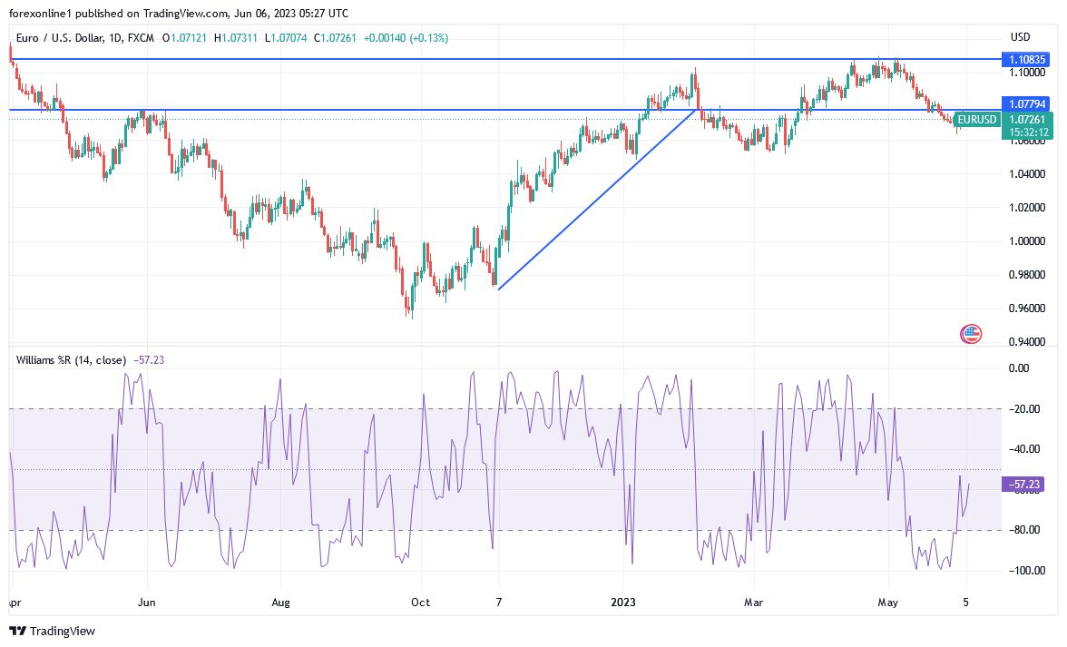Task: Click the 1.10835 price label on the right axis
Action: (1026, 59)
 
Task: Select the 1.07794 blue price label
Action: (1026, 104)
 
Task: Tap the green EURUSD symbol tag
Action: (977, 120)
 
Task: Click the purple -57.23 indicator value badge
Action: (1026, 485)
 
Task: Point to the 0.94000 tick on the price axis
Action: (1026, 342)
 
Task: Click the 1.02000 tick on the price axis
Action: (1026, 208)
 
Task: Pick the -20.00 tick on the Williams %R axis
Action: (1026, 408)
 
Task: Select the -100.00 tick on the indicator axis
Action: (1026, 570)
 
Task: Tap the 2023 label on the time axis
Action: (623, 602)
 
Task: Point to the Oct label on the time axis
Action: (419, 602)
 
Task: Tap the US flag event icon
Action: (971, 334)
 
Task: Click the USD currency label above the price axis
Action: (1020, 37)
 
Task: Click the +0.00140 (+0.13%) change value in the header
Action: (406, 38)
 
